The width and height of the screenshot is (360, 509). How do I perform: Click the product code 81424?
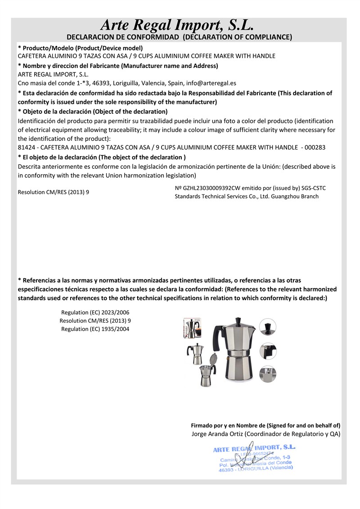point(26,147)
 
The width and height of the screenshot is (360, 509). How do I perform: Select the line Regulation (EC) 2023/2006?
point(98,312)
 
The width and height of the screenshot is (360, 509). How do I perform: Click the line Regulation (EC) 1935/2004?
point(98,329)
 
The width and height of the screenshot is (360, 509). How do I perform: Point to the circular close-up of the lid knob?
point(268,327)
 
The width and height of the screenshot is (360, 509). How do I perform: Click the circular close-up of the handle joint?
point(268,350)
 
